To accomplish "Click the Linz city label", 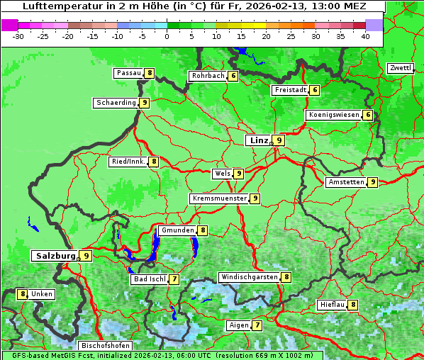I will [x=258, y=140].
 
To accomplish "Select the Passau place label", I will [x=129, y=73].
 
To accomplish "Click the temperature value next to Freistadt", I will [x=314, y=90].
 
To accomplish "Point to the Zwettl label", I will [x=401, y=68].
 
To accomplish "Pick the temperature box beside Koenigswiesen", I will [x=367, y=115].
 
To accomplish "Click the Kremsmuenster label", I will [x=219, y=198].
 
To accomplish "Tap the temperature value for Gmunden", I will [x=203, y=230].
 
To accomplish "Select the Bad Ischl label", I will [x=149, y=279].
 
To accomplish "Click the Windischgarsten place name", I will [x=249, y=277].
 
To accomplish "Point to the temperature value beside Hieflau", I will [x=352, y=305].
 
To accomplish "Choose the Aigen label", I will [x=238, y=325].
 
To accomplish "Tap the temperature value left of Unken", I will [x=23, y=293].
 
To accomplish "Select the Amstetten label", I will [x=346, y=182].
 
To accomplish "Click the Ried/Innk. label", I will [x=128, y=162].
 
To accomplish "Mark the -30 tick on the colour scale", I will [x=18, y=36].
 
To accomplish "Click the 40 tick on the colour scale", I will [x=365, y=36].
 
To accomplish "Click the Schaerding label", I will [x=116, y=103].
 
